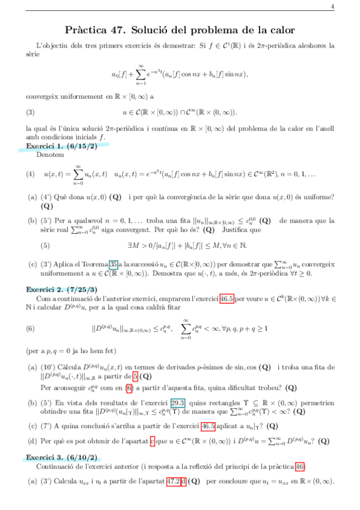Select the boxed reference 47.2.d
pos(175,482)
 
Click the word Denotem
pos(48,155)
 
